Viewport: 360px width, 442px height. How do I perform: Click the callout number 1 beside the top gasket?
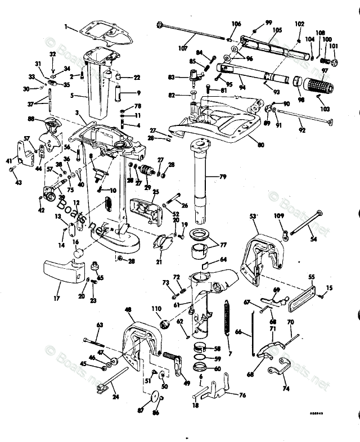(66, 26)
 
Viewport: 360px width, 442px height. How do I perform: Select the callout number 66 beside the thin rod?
(238, 332)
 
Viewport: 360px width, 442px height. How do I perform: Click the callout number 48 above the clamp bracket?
(128, 309)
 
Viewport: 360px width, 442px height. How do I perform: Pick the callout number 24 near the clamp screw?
(115, 396)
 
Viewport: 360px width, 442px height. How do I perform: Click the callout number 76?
(242, 395)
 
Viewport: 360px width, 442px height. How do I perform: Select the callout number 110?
(156, 309)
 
